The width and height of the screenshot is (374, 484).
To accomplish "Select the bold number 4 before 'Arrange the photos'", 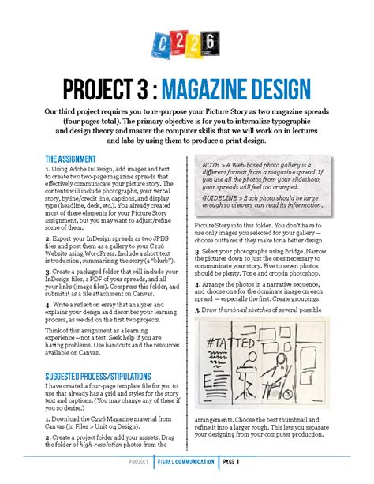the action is tap(196, 282).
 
